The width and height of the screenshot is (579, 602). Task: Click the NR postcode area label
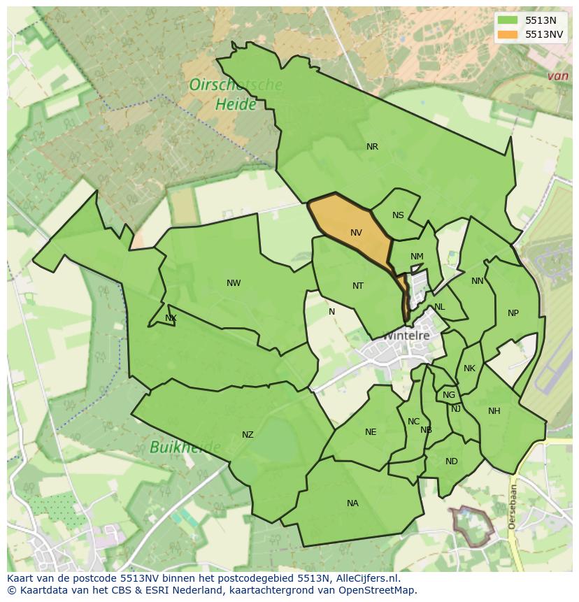click(x=372, y=147)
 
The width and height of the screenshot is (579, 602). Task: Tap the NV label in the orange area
click(x=356, y=233)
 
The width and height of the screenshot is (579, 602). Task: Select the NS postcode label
click(x=398, y=215)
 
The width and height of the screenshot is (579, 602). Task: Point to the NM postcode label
click(x=417, y=257)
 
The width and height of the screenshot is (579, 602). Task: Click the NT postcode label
click(x=358, y=286)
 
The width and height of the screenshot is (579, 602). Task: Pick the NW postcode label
click(x=234, y=283)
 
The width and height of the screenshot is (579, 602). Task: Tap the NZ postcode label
click(x=248, y=435)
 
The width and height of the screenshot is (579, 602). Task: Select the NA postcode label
click(x=352, y=503)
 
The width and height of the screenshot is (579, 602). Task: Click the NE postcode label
click(x=371, y=432)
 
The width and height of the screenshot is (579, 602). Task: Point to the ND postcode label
click(x=451, y=461)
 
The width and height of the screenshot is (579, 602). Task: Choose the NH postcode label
click(x=494, y=411)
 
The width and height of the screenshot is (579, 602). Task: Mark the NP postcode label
click(x=513, y=313)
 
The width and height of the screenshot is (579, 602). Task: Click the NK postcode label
click(x=469, y=368)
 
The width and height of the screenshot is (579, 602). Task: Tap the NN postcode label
click(x=478, y=281)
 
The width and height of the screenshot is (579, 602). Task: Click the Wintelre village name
click(x=405, y=336)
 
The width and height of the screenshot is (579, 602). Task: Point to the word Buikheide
click(x=185, y=447)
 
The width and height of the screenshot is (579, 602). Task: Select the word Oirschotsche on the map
click(x=236, y=85)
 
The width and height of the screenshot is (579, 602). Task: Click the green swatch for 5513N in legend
click(x=508, y=20)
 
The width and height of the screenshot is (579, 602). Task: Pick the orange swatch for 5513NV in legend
click(x=508, y=34)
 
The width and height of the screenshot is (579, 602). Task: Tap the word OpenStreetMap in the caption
click(x=378, y=590)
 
